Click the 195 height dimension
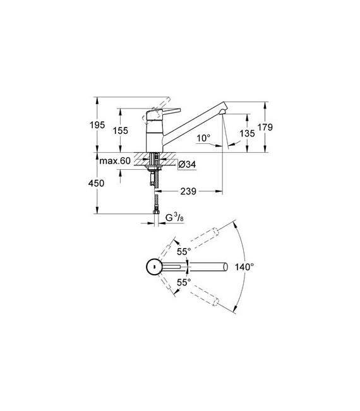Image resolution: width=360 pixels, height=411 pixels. (x=97, y=125)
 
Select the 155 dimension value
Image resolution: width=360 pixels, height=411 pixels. (x=121, y=130)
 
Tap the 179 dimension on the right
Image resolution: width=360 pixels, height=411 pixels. (x=265, y=127)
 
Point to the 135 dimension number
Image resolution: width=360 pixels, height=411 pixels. (x=247, y=133)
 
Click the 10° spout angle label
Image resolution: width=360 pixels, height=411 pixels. (x=203, y=138)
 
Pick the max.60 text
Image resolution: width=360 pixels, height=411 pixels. (x=115, y=161)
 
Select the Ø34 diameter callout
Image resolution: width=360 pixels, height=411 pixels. (x=187, y=165)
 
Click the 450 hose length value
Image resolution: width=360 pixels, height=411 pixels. (x=96, y=183)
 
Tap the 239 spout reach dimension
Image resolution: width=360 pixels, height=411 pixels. (x=188, y=191)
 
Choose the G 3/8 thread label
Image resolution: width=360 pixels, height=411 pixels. (x=174, y=218)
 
